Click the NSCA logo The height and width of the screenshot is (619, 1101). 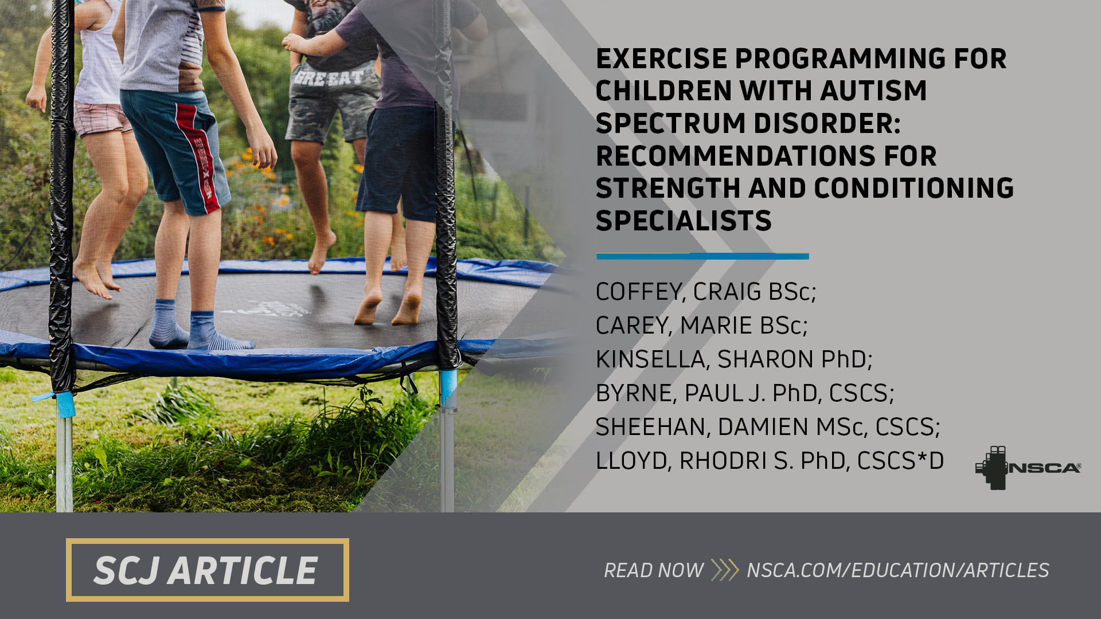click(x=1028, y=468)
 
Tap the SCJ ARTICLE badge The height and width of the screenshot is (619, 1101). click(x=207, y=570)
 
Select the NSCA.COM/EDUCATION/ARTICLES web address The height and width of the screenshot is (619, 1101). click(x=897, y=570)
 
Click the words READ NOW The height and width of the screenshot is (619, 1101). click(x=653, y=570)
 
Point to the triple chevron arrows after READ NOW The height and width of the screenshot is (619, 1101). click(x=725, y=570)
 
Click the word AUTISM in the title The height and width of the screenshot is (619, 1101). click(x=873, y=91)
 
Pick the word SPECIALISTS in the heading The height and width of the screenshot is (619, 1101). click(x=684, y=221)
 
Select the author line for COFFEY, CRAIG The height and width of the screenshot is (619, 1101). click(x=705, y=292)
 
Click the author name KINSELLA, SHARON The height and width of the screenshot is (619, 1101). click(x=733, y=359)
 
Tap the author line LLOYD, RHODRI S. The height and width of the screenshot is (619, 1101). click(x=769, y=461)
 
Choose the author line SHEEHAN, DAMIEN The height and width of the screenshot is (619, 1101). click(x=767, y=427)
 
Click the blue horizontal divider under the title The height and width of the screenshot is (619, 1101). click(x=702, y=256)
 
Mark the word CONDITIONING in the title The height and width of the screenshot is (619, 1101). click(x=913, y=189)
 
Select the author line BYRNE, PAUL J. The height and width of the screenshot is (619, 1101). click(x=744, y=393)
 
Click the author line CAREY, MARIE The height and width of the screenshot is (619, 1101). click(x=701, y=326)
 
